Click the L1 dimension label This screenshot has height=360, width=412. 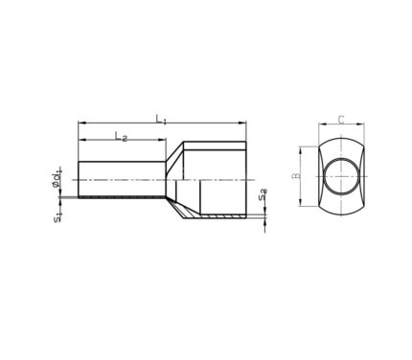pos(161,120)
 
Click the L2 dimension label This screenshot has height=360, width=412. pos(121,137)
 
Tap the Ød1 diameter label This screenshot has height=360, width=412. pos(57,179)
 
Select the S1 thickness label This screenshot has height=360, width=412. pos(57,217)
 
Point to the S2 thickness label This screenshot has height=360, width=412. pos(263,194)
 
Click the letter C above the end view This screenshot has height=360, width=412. pos(341,120)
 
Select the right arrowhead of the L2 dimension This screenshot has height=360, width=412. pos(162,140)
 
